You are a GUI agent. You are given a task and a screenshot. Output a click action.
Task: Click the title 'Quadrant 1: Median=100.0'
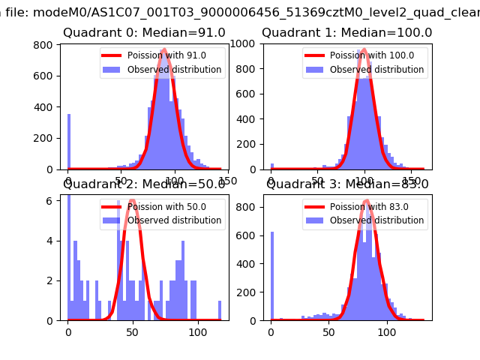(346, 33)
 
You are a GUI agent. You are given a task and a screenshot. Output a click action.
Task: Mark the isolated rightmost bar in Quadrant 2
(220, 310)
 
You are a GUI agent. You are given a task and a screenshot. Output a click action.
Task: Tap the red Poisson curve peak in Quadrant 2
(132, 201)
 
